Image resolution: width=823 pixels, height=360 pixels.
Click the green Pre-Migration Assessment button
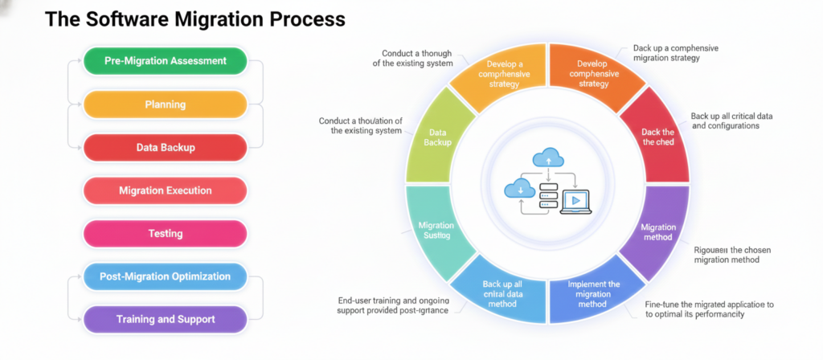[165, 61]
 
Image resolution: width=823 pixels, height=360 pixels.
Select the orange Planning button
[165, 104]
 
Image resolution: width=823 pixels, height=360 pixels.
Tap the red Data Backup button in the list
[165, 148]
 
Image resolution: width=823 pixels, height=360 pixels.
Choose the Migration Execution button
[165, 190]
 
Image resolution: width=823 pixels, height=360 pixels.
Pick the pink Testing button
[165, 234]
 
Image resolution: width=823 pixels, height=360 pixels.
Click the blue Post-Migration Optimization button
[165, 276]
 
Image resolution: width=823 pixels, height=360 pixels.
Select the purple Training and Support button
[165, 320]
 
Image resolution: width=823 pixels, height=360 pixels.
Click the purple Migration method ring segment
[658, 232]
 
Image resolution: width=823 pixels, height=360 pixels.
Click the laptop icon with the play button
[576, 201]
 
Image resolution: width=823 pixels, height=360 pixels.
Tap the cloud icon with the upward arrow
[547, 158]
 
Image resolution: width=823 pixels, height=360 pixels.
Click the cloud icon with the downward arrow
[521, 190]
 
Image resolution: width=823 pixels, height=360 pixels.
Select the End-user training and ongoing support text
[394, 305]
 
